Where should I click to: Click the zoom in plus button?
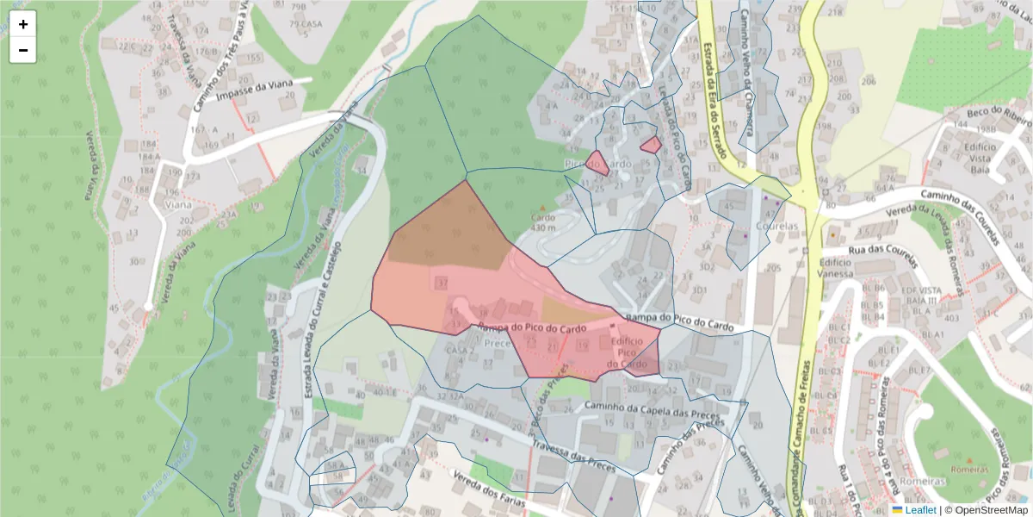tap(23, 24)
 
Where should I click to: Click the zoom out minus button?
tap(23, 50)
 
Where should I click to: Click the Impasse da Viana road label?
tap(256, 89)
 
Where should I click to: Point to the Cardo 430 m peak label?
tap(543, 221)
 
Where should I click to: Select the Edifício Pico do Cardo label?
tap(626, 353)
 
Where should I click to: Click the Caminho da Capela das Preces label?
tap(652, 407)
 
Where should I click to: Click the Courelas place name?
tap(777, 227)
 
